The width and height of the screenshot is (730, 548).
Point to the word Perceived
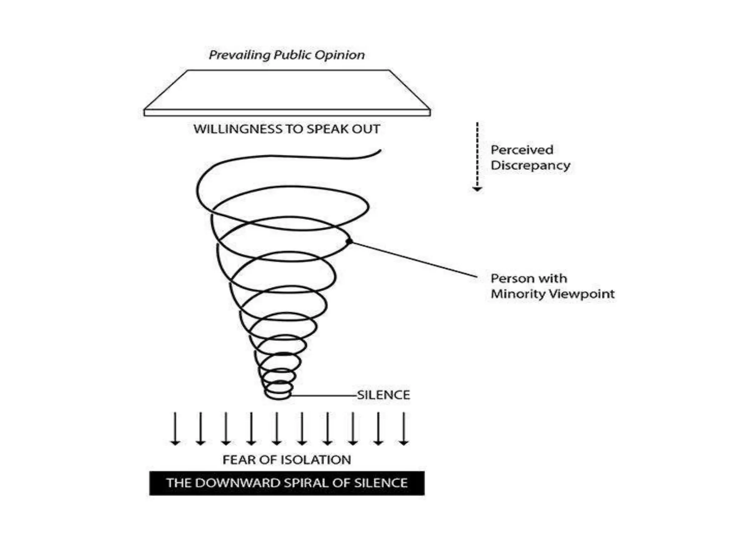pos(522,150)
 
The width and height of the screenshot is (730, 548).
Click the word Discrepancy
pos(530,166)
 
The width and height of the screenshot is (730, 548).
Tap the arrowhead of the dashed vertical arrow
pos(477,189)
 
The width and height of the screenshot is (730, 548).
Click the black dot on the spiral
pos(349,242)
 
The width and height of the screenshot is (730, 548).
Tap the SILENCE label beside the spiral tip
pos(384,395)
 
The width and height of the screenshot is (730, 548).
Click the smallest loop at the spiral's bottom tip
pos(278,394)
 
